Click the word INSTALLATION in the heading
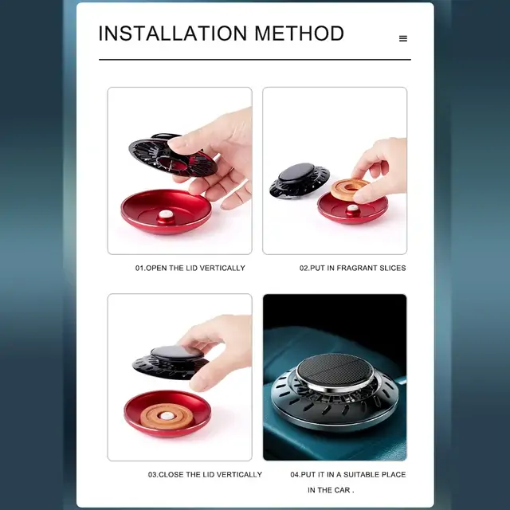click(x=173, y=33)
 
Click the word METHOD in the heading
click(x=299, y=33)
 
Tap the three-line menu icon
click(x=403, y=38)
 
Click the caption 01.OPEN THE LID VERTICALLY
click(x=190, y=268)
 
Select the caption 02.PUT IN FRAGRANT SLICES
click(x=352, y=268)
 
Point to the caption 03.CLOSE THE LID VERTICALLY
click(x=205, y=475)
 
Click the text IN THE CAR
click(x=331, y=490)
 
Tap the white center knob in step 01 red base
click(x=166, y=214)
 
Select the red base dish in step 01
click(x=167, y=211)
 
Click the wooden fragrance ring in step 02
click(x=350, y=189)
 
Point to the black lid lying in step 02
click(x=300, y=181)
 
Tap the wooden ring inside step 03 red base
click(x=167, y=415)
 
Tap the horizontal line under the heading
click(x=255, y=60)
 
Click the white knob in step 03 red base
click(x=167, y=416)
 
